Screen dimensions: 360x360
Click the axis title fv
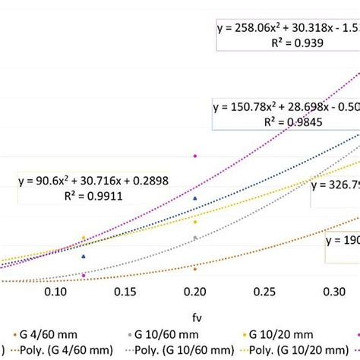pos(195,313)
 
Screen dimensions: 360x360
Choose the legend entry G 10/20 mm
pos(280,335)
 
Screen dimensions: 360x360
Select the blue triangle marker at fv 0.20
pos(195,198)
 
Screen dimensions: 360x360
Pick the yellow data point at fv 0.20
pos(195,222)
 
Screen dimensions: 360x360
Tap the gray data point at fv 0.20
pos(195,238)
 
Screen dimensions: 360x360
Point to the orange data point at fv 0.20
pos(195,268)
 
